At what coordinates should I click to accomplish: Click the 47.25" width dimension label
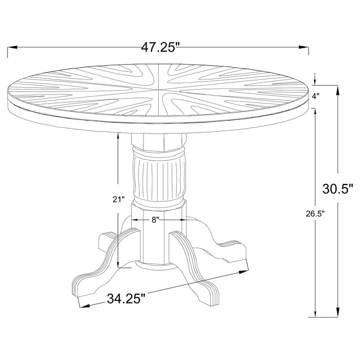pos(160,47)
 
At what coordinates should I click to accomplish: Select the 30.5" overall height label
pos(337,189)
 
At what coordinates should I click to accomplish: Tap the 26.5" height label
pos(315,214)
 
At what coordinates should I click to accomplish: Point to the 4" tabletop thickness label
pos(315,96)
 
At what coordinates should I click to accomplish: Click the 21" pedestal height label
pos(118,199)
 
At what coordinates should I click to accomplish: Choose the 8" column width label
pos(155,219)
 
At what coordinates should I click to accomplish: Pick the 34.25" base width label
pos(126,298)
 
